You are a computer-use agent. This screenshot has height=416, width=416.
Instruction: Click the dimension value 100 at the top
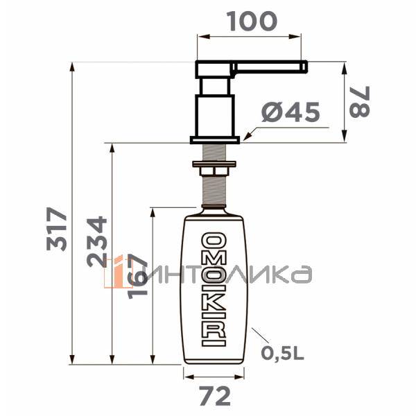click(x=252, y=21)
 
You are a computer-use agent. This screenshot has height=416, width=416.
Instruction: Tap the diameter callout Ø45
click(x=291, y=114)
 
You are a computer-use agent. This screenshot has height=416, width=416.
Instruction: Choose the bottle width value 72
click(x=214, y=397)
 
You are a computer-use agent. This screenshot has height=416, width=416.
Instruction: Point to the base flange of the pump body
click(x=216, y=140)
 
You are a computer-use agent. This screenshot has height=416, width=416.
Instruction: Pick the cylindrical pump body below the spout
click(x=215, y=107)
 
